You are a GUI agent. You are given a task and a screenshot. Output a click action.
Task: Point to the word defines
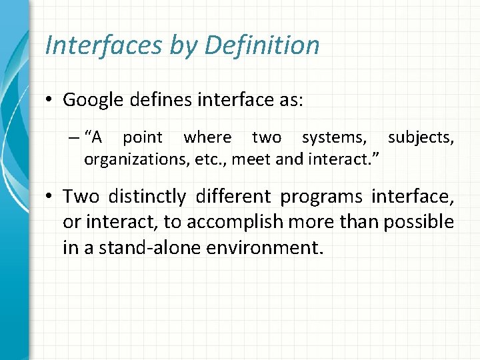tap(163, 100)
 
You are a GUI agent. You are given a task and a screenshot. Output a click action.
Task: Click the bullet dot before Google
tap(51, 101)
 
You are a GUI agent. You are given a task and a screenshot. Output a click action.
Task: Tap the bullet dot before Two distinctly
tap(51, 197)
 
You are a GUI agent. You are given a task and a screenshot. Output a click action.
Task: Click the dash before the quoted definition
tap(73, 138)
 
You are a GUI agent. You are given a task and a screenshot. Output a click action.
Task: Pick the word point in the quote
tap(143, 138)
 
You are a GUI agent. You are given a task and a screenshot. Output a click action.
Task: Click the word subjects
tap(421, 138)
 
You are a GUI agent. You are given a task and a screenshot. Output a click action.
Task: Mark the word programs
tap(323, 197)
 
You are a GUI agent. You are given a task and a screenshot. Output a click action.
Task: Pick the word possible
tap(418, 222)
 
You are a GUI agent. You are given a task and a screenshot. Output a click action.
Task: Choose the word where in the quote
tap(207, 138)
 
